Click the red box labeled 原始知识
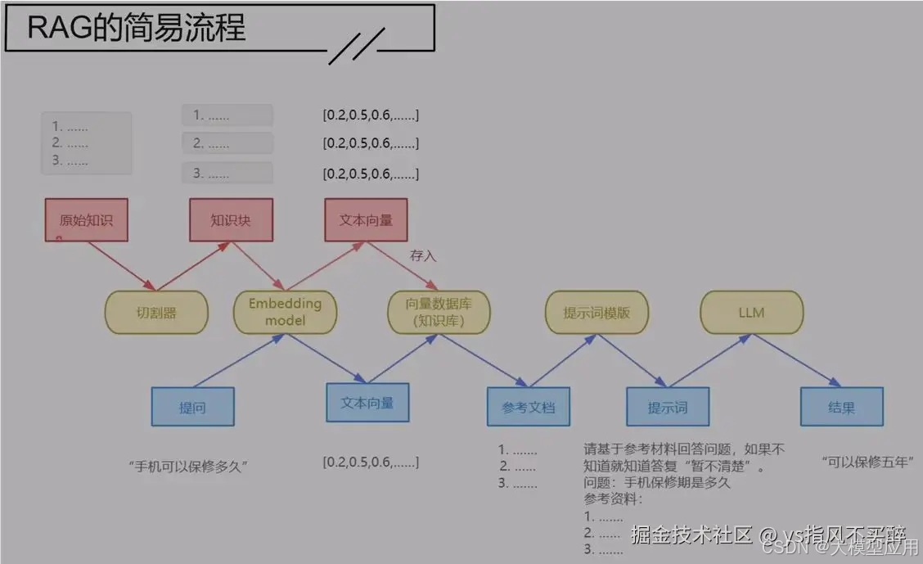click(x=86, y=219)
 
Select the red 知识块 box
click(x=231, y=219)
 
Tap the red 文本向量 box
click(x=366, y=219)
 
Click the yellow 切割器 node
click(x=156, y=312)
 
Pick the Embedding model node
click(x=285, y=312)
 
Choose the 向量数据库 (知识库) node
click(x=439, y=312)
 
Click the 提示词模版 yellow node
click(x=597, y=312)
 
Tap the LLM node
click(x=751, y=312)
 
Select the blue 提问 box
click(x=192, y=407)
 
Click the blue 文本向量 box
click(x=367, y=403)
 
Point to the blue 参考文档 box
click(x=528, y=407)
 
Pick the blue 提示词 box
click(x=668, y=407)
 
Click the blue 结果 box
click(x=841, y=407)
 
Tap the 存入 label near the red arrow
click(x=423, y=255)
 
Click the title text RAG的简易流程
click(x=137, y=29)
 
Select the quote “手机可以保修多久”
click(x=188, y=466)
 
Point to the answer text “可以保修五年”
click(x=867, y=461)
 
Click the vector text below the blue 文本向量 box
click(x=371, y=462)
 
